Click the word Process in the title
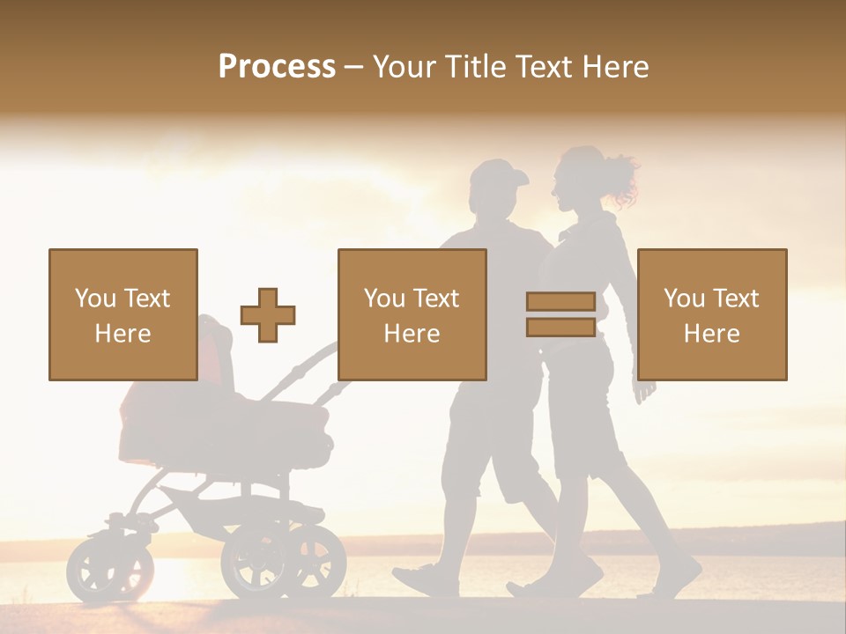pyautogui.click(x=277, y=66)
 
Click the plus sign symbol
pyautogui.click(x=268, y=315)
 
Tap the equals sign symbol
pyautogui.click(x=560, y=314)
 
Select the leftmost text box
pyautogui.click(x=123, y=314)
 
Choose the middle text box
pyautogui.click(x=412, y=314)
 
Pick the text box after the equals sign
pyautogui.click(x=712, y=314)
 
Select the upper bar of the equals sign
pyautogui.click(x=560, y=302)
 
